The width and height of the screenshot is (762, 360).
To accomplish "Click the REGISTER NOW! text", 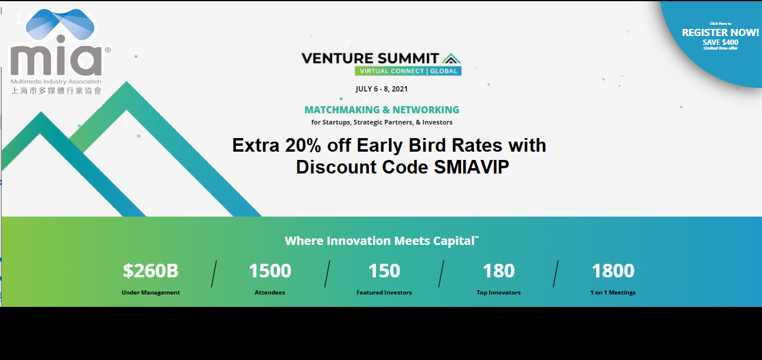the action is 720,32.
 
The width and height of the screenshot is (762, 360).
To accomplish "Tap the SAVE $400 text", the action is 721,42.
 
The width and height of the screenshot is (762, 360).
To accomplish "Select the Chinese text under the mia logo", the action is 56,90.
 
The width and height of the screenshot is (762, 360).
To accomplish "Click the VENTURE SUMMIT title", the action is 370,58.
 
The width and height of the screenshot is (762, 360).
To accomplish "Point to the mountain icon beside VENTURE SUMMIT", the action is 451,58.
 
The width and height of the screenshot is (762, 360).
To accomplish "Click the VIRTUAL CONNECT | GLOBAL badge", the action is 408,71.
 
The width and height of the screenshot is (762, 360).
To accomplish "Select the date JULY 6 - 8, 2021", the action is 381,89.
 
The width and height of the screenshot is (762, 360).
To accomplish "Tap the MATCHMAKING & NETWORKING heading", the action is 382,110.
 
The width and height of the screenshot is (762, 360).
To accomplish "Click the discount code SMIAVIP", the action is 472,167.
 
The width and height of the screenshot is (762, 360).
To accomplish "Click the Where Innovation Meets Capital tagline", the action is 382,241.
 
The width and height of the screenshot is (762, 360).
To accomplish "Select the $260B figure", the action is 151,271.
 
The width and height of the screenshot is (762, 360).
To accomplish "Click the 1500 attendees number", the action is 270,271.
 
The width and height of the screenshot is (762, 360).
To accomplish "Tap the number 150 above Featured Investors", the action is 384,271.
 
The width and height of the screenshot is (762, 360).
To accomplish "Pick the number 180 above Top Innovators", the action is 498,271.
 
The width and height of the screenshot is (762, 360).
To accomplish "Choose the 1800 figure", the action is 613,271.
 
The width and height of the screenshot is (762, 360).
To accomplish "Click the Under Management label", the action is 151,293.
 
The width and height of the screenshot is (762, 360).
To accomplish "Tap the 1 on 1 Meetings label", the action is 613,293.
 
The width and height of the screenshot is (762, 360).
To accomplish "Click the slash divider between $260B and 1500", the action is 214,274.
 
